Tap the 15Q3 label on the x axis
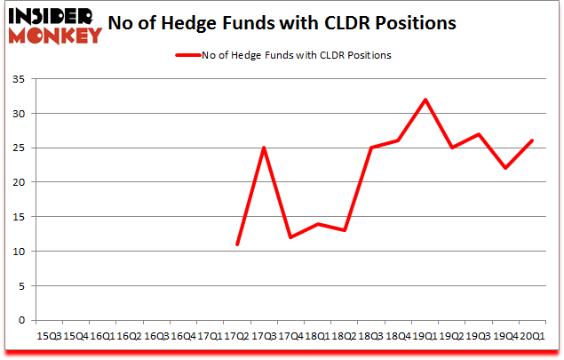click(48, 336)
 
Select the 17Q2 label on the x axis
click(236, 336)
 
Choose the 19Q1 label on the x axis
click(425, 336)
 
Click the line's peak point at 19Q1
click(425, 100)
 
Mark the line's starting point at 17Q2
click(237, 244)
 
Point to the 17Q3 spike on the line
click(264, 148)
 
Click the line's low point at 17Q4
click(290, 237)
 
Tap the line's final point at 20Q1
click(531, 140)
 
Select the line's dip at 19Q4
click(504, 168)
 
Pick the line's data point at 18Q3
click(371, 148)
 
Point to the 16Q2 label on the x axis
click(129, 336)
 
